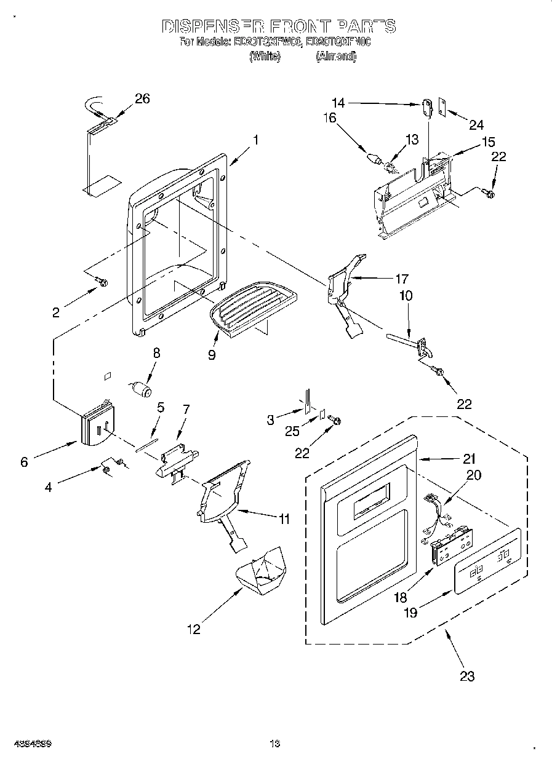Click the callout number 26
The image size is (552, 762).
(x=142, y=99)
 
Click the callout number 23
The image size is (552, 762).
(x=467, y=677)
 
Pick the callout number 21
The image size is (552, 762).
(x=470, y=458)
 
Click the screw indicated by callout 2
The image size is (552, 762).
(x=102, y=283)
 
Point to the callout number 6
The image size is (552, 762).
(x=24, y=462)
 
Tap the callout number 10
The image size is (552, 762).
(x=406, y=296)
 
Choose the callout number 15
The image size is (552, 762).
(x=488, y=141)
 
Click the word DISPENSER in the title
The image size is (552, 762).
(x=212, y=26)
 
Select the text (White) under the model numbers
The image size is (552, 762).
(x=265, y=56)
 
